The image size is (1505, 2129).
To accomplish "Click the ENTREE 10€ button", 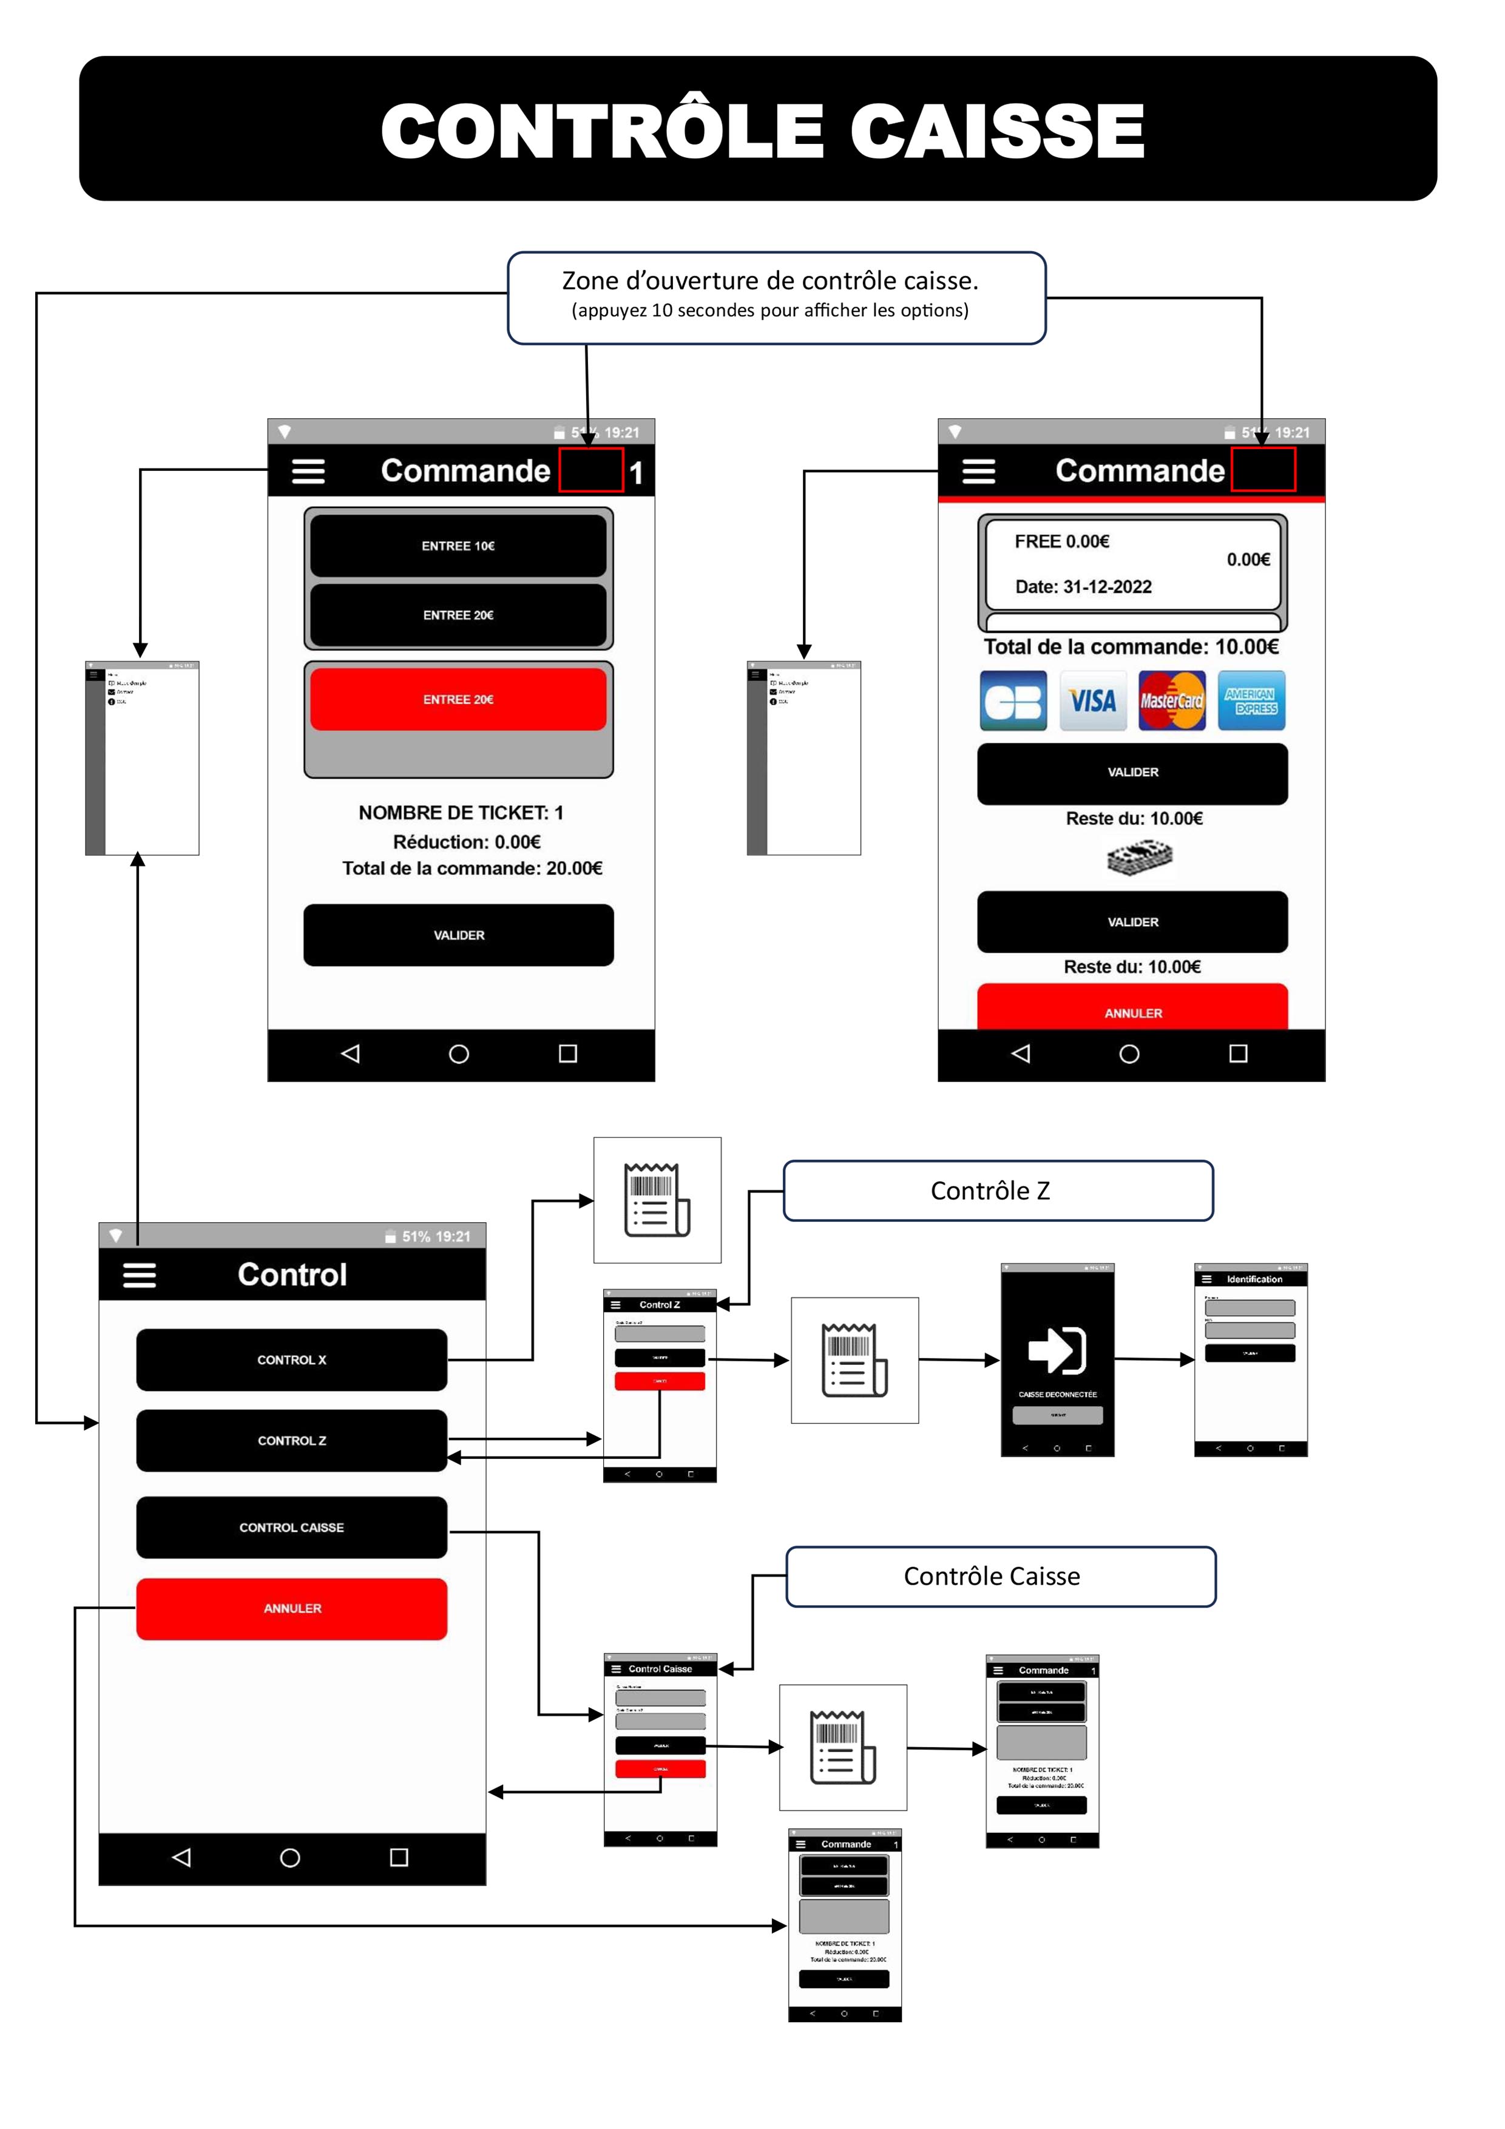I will pos(458,546).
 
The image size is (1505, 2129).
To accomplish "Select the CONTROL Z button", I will pos(291,1440).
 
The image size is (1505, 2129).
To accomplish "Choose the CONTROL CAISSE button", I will pos(291,1527).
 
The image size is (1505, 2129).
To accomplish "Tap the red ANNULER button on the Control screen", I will pos(291,1609).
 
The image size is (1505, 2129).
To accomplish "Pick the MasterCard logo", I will pos(1171,701).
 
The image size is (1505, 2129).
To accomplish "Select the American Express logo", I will pos(1250,701).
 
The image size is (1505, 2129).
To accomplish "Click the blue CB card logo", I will pos(1013,701).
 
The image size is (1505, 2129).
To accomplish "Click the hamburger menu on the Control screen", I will pos(139,1275).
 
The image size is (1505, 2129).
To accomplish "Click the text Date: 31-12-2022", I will pos(1083,587).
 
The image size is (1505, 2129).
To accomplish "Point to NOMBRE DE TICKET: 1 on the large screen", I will pos(461,813).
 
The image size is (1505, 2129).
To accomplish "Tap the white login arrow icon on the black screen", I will pos(1057,1350).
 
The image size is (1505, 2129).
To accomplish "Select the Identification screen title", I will pos(1254,1279).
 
